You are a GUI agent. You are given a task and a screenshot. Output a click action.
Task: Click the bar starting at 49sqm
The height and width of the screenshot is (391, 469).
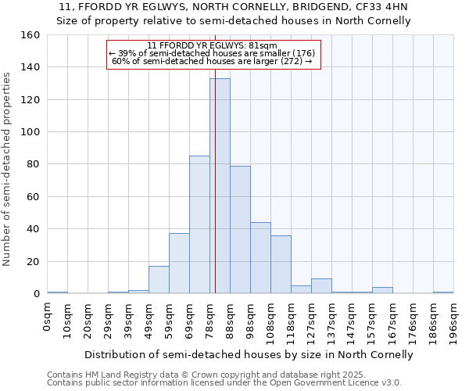(x=159, y=280)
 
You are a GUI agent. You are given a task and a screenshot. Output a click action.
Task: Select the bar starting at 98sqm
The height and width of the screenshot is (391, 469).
(x=260, y=258)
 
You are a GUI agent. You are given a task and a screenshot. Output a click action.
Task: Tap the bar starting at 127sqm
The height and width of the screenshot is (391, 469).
(x=321, y=286)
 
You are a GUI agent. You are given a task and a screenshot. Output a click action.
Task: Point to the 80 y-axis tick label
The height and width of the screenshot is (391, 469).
(x=33, y=164)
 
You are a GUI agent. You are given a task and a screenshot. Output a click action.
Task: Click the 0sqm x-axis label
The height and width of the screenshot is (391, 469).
(x=48, y=317)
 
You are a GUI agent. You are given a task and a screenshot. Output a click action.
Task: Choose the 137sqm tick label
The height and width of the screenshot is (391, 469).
(x=332, y=321)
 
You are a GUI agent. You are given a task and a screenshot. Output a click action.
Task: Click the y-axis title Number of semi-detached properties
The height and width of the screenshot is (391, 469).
(x=7, y=164)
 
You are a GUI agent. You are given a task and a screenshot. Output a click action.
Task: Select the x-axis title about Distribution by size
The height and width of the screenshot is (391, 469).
(x=249, y=354)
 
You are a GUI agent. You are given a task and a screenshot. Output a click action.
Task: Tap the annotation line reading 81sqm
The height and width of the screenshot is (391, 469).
(x=213, y=45)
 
